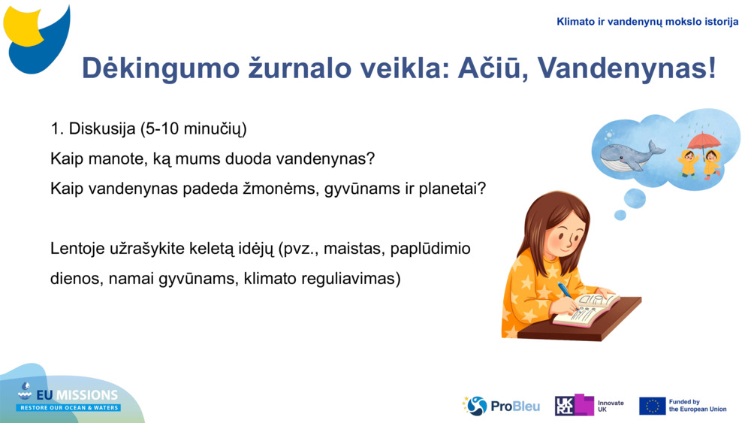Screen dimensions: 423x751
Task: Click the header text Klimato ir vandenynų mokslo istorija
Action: pyautogui.click(x=647, y=22)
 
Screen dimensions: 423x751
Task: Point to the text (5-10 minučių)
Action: pyautogui.click(x=193, y=129)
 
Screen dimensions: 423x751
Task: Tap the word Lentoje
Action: pyautogui.click(x=79, y=248)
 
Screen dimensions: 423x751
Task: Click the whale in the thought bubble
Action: pyautogui.click(x=629, y=155)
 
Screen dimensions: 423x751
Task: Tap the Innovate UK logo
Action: pyautogui.click(x=590, y=406)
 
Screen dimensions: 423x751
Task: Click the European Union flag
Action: pyautogui.click(x=652, y=406)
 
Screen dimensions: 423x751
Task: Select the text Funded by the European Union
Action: pyautogui.click(x=697, y=406)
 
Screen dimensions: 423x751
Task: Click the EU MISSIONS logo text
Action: pyautogui.click(x=69, y=396)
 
